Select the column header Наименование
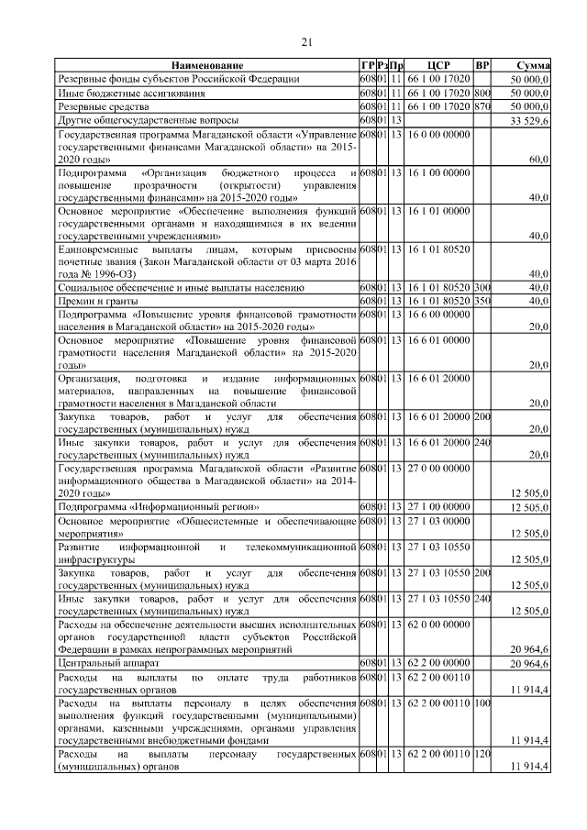click(x=207, y=66)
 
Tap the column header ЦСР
click(x=437, y=66)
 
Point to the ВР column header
click(x=482, y=66)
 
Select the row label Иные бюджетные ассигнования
click(x=119, y=93)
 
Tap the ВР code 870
click(x=482, y=106)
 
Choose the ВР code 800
click(x=482, y=93)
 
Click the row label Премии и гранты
click(x=97, y=301)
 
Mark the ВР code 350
click(x=482, y=301)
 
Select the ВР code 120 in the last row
click(x=482, y=754)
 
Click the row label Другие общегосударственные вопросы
click(x=148, y=120)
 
